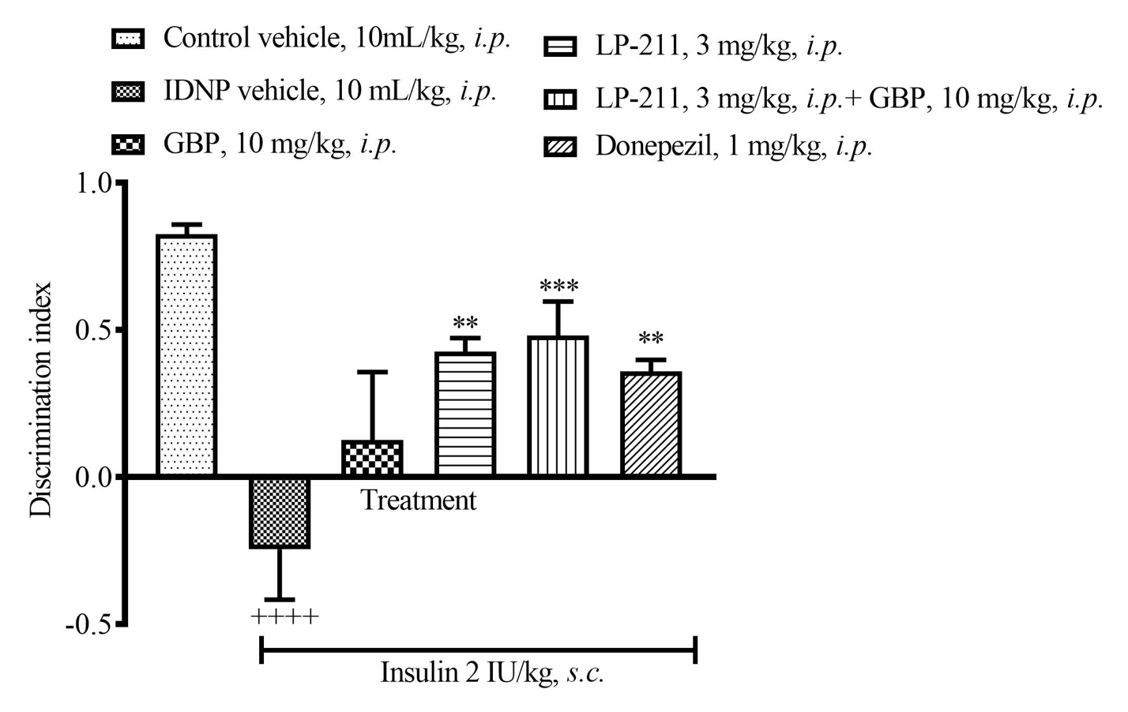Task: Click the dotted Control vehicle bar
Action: pyautogui.click(x=186, y=355)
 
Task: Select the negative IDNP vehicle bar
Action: pyautogui.click(x=280, y=512)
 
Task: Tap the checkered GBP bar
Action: pyautogui.click(x=372, y=458)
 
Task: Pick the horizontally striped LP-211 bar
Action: pyautogui.click(x=465, y=414)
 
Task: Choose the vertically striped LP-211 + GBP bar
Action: pyautogui.click(x=558, y=407)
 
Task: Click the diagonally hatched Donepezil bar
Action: pyautogui.click(x=651, y=424)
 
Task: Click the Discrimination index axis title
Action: pyautogui.click(x=40, y=400)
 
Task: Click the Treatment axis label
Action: pyautogui.click(x=419, y=500)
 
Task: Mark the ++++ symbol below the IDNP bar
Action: pyautogui.click(x=284, y=616)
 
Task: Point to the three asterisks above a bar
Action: pyautogui.click(x=558, y=286)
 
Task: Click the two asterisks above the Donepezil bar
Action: pyautogui.click(x=651, y=339)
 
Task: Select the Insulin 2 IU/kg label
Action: pyautogui.click(x=492, y=673)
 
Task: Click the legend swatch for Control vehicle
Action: pyautogui.click(x=129, y=39)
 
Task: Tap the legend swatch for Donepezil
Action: pyautogui.click(x=561, y=148)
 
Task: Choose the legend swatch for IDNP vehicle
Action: pyautogui.click(x=129, y=92)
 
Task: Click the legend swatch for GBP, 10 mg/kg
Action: pyautogui.click(x=129, y=145)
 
